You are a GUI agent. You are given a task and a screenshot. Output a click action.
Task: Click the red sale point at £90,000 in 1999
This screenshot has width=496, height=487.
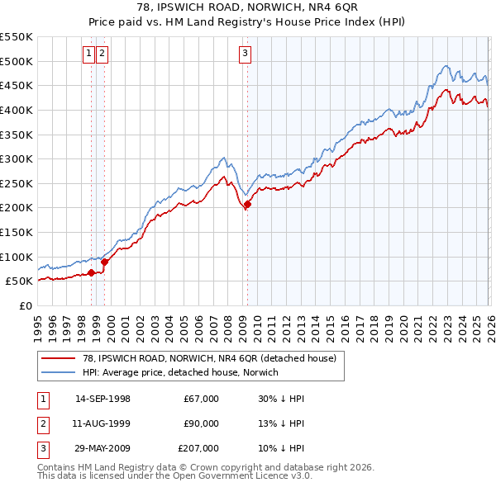[104, 262]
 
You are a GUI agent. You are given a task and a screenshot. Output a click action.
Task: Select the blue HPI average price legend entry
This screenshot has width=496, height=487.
[181, 372]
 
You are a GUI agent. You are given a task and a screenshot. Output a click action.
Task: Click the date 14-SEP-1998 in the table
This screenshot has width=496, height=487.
[103, 399]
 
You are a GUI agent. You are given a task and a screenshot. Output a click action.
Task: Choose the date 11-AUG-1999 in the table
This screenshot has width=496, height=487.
[103, 423]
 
